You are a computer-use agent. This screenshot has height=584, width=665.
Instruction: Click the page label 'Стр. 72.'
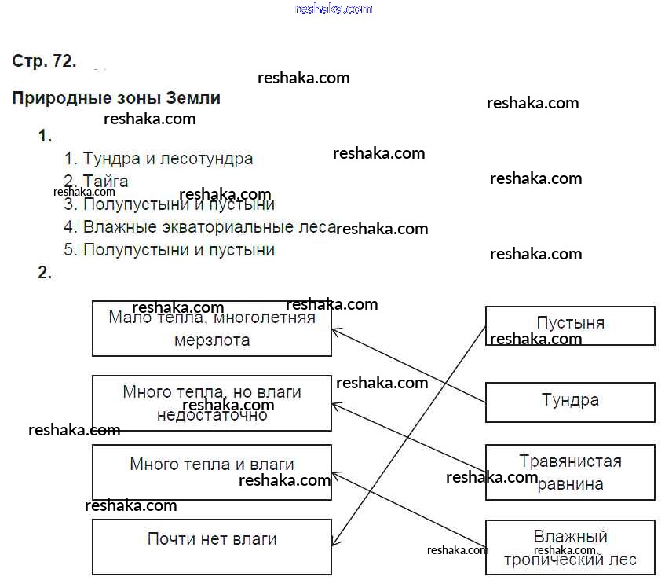tap(44, 61)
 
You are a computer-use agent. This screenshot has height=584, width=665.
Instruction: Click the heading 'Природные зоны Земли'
tap(116, 98)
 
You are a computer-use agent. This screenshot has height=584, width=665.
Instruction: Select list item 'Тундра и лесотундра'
tap(168, 159)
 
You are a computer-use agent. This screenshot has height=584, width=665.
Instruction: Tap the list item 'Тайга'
tap(105, 182)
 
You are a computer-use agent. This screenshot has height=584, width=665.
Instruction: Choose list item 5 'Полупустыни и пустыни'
tap(178, 250)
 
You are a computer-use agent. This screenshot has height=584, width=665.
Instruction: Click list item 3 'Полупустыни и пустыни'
tap(178, 204)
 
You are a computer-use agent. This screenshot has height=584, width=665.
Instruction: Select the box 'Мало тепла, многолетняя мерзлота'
tap(212, 329)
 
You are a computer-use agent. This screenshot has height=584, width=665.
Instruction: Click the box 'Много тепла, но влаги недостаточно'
tap(212, 403)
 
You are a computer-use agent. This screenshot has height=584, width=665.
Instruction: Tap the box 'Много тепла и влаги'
tap(212, 472)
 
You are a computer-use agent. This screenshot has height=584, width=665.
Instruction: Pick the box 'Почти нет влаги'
tap(212, 547)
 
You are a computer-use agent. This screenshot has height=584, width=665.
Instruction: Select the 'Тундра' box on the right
tap(570, 402)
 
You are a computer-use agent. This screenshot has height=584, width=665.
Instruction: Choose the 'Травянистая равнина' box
tap(570, 472)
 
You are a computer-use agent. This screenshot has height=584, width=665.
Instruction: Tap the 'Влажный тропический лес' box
tap(570, 548)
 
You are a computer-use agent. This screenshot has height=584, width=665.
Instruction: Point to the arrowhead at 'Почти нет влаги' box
tap(334, 542)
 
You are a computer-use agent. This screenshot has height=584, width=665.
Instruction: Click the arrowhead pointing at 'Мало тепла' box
tap(335, 331)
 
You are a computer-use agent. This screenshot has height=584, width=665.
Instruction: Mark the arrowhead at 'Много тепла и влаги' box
tap(335, 474)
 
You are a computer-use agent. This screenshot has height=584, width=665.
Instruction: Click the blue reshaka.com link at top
tap(334, 9)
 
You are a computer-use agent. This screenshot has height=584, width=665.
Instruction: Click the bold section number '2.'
tap(45, 273)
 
